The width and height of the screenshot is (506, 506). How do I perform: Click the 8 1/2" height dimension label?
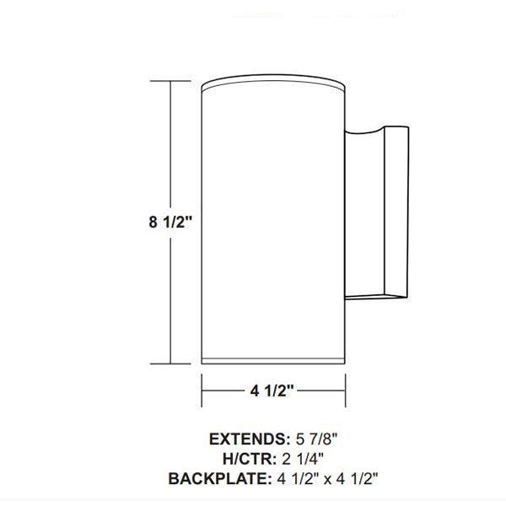171,223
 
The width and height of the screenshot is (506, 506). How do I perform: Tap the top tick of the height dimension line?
172,81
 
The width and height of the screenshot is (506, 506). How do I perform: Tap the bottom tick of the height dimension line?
172,363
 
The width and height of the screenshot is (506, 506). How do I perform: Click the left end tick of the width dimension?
202,390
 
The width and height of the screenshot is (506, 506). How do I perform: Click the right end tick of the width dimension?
346,390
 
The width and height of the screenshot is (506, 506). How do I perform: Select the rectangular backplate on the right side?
396,211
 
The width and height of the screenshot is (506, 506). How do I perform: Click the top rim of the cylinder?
273,84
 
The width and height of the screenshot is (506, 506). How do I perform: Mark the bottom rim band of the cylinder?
273,361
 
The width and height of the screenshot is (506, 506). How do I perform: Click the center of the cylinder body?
273,223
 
